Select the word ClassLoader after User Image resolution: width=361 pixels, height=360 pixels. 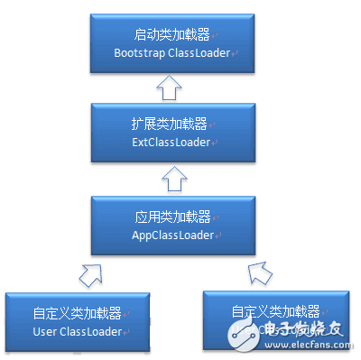pos(89,333)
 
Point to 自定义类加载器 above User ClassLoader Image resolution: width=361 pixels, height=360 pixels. pos(68,314)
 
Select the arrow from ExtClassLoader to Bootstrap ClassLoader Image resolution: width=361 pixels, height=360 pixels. pos(170,88)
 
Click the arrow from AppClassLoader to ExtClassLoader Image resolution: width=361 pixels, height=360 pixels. pos(170,180)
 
